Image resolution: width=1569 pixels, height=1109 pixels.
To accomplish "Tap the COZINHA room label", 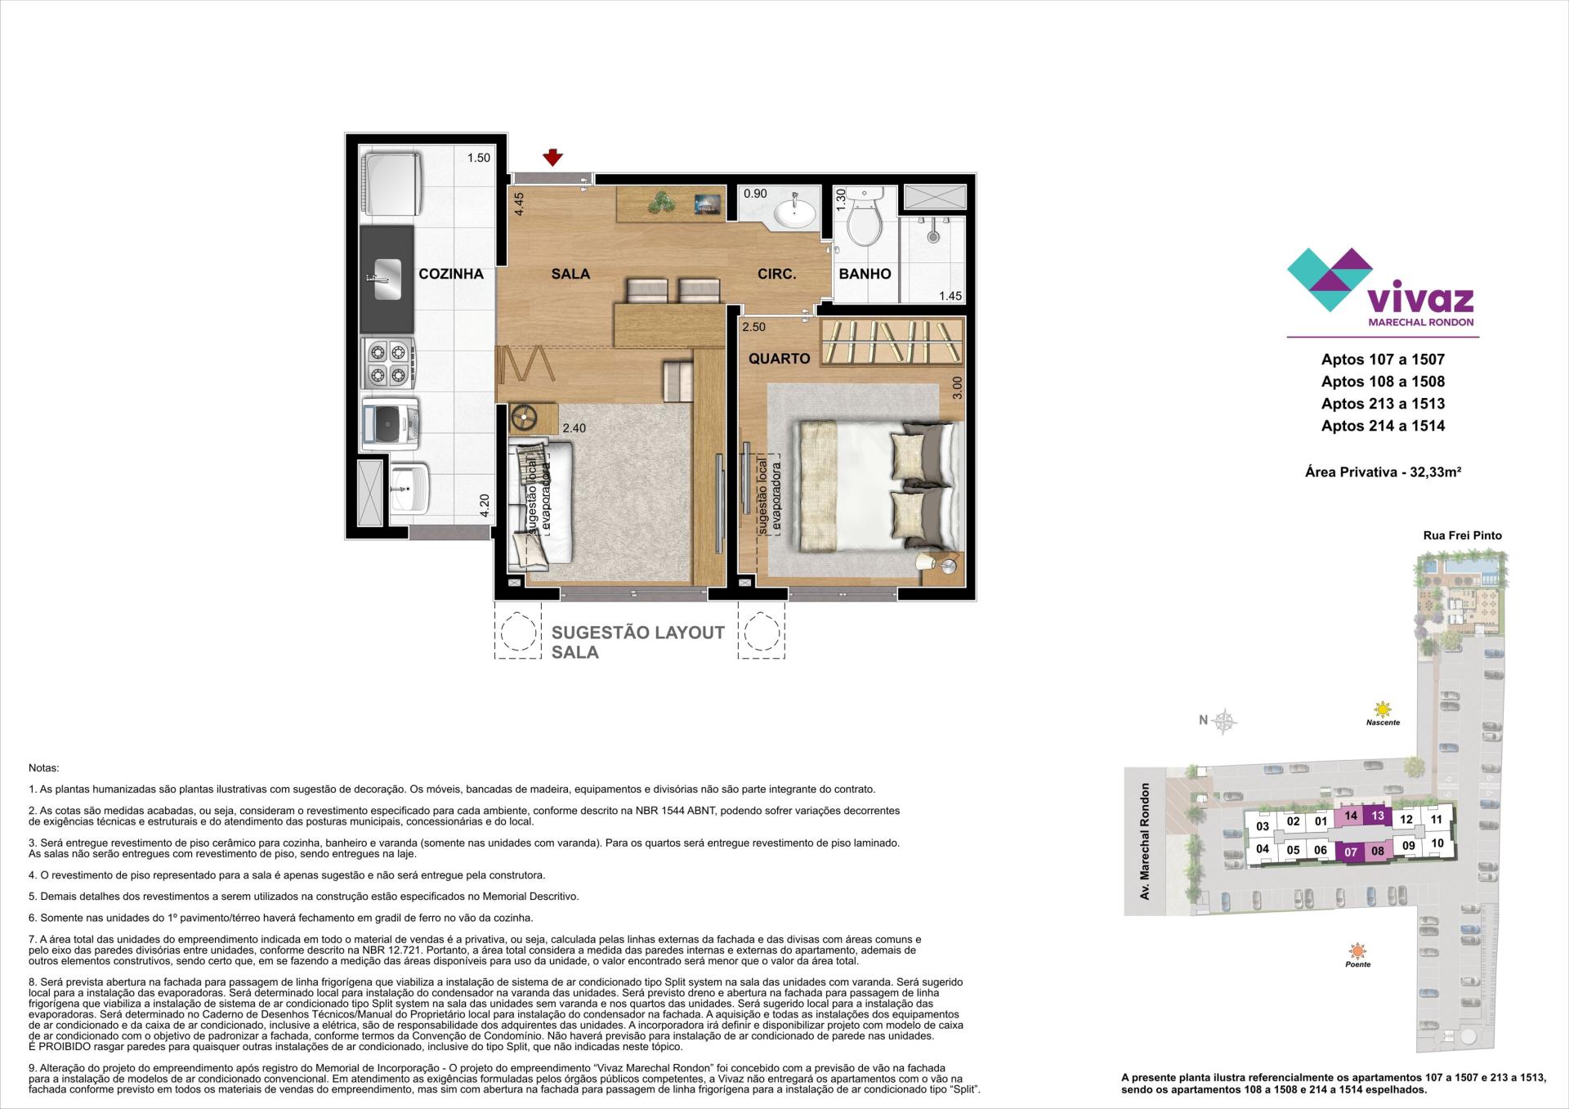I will click(x=451, y=274).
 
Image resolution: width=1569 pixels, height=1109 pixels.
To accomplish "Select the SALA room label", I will click(x=570, y=274).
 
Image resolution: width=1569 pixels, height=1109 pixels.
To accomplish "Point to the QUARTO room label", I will click(x=780, y=358).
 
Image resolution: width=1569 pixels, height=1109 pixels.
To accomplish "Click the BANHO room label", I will click(x=865, y=274).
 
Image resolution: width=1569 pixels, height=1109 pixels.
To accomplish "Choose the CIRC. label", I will click(x=776, y=274).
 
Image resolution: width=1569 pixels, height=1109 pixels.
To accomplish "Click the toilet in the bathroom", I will click(x=864, y=219).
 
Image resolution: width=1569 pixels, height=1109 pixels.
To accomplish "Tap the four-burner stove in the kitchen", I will click(x=388, y=364).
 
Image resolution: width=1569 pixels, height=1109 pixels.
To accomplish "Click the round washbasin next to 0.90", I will click(x=793, y=214).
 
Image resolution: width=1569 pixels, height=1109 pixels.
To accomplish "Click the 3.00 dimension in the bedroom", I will click(x=957, y=387).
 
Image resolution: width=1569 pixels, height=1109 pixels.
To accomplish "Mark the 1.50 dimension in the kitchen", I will click(x=479, y=158).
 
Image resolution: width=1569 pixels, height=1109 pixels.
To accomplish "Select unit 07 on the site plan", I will click(x=1351, y=852).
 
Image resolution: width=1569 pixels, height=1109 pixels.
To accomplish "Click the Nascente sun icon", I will click(x=1382, y=709).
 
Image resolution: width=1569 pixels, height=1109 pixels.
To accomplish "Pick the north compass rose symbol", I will click(x=1224, y=720).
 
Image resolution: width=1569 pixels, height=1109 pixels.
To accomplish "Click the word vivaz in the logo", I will click(x=1420, y=299).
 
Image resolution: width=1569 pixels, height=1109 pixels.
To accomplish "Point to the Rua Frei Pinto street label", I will click(x=1462, y=535).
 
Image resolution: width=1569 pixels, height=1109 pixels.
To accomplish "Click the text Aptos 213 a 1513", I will click(x=1383, y=403).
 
